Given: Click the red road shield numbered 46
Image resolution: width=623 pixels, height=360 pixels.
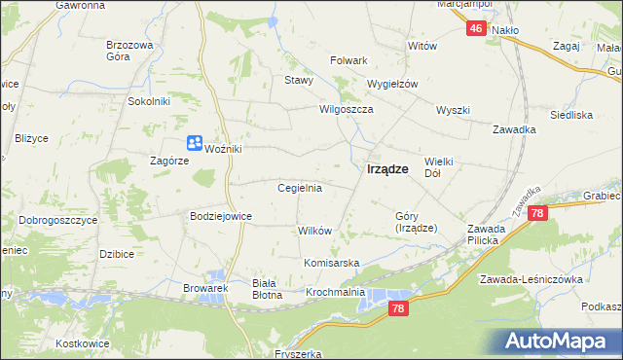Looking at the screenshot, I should pos(475,29).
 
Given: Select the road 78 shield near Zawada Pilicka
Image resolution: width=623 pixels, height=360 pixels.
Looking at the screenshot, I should pos(539,213).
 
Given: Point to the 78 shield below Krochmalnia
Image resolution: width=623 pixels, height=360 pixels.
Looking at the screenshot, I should pos(397,308).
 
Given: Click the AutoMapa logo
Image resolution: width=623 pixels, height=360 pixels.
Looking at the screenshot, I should pos(561,342).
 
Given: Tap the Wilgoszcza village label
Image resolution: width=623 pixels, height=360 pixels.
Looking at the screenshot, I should pos(347,110).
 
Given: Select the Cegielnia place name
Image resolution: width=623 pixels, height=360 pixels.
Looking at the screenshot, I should pos(300,187).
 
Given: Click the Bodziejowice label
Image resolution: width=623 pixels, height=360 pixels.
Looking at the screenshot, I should pos(221,215).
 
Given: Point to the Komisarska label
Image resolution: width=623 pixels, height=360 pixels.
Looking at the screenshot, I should pos(332,264).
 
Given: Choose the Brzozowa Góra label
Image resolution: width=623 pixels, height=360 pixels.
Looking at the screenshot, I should pos(130,51).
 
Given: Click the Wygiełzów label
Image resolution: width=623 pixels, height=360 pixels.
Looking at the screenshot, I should pos(391,84).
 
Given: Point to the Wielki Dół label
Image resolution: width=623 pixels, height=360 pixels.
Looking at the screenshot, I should pos(440,166).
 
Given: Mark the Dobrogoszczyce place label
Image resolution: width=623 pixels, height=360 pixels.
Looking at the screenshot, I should pos(50,220).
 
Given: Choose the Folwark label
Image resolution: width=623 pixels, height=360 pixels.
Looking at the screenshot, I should pos(348,60).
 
